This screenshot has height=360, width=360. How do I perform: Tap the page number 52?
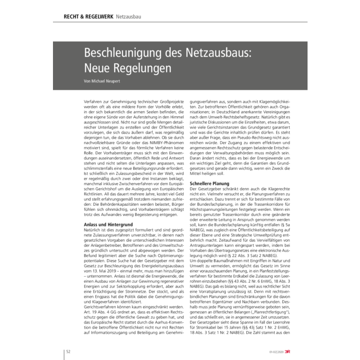click(x=67, y=351)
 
